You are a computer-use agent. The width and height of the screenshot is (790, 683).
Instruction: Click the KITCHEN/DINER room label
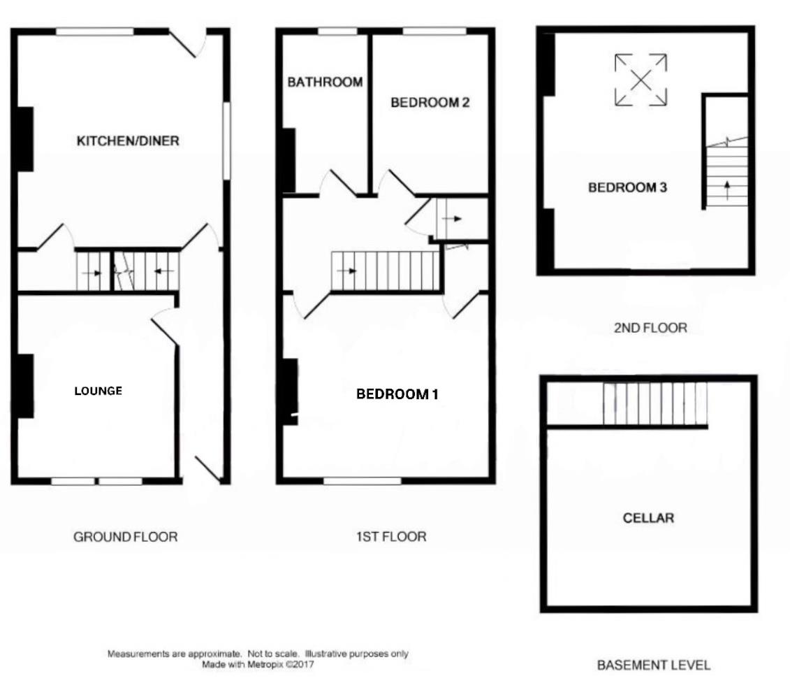tap(127, 141)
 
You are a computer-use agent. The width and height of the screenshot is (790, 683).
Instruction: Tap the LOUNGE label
tap(98, 391)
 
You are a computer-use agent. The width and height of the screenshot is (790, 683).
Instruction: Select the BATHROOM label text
tap(325, 82)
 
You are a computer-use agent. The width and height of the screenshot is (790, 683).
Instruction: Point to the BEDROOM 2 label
tap(430, 103)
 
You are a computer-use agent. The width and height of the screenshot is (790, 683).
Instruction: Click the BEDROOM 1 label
tap(397, 394)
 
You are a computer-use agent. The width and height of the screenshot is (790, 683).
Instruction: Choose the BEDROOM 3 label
tap(627, 187)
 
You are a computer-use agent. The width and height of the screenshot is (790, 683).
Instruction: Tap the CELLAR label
tap(648, 518)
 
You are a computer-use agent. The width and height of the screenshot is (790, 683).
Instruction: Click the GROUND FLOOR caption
tap(125, 537)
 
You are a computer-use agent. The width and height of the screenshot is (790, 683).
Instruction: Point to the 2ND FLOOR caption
tap(650, 327)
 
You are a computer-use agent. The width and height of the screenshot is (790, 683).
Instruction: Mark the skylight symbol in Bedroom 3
tap(641, 80)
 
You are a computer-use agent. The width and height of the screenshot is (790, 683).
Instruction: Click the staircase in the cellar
tap(654, 403)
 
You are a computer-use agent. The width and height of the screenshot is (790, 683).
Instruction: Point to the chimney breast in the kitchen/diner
tap(25, 138)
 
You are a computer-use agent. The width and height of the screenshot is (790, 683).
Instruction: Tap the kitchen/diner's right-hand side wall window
tap(226, 141)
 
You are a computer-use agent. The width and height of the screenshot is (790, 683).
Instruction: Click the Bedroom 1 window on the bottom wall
tap(362, 480)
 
